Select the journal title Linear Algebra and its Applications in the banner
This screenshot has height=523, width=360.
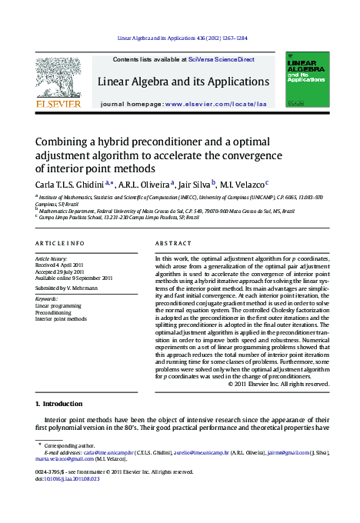(183, 82)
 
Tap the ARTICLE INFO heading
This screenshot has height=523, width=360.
(60, 244)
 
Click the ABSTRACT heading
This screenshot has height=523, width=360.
(173, 244)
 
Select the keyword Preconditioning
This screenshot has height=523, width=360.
(58, 312)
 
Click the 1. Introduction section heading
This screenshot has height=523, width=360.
(59, 404)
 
